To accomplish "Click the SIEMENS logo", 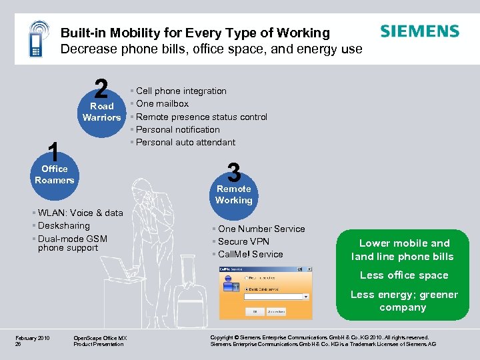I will coord(419,31).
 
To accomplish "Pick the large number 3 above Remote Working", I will coord(233,172).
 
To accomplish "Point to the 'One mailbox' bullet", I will coord(162,103).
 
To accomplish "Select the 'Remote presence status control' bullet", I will coord(201,117).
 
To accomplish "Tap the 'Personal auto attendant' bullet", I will coord(185,142).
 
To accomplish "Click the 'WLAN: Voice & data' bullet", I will coord(80,213).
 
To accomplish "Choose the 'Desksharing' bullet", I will coord(63,226).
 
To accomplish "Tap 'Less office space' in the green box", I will coord(404,275).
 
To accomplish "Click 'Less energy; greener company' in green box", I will coord(404,301).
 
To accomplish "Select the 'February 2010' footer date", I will coord(33,338).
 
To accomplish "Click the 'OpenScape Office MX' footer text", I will coord(100,338).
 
